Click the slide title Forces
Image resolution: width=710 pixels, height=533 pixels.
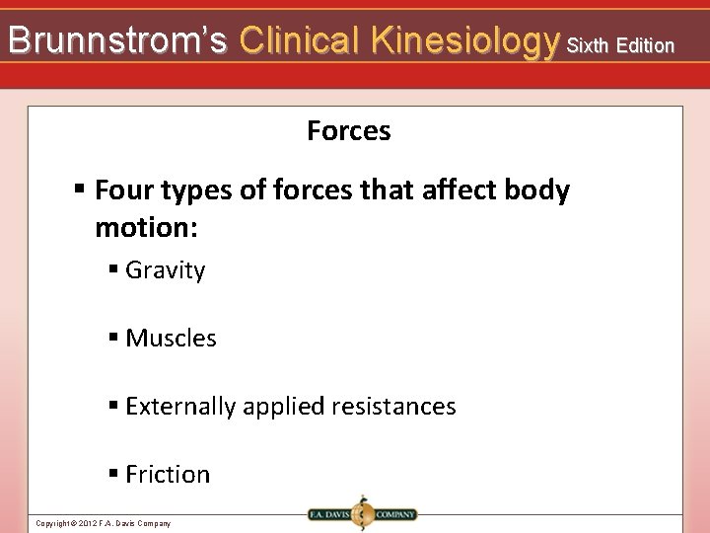(348, 131)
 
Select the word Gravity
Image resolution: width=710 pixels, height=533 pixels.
(165, 270)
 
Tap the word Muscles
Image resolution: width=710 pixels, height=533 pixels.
(171, 339)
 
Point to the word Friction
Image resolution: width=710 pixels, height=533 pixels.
(168, 475)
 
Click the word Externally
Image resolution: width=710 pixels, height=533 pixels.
(180, 407)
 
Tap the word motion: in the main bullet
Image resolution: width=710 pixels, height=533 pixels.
(146, 229)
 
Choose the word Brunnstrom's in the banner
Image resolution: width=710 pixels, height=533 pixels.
(117, 40)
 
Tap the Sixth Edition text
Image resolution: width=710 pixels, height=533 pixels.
(621, 45)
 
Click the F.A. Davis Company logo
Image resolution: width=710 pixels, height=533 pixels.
(361, 513)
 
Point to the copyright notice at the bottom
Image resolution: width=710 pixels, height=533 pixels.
(103, 523)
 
